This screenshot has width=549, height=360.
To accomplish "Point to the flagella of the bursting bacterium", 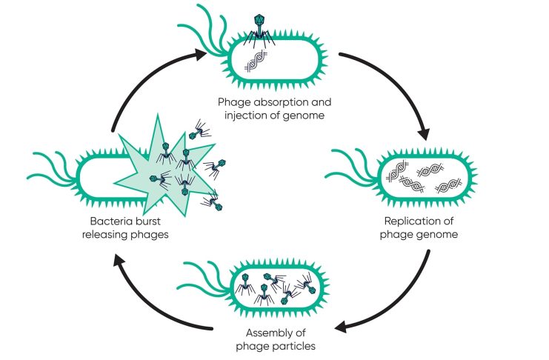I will click(x=52, y=167).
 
